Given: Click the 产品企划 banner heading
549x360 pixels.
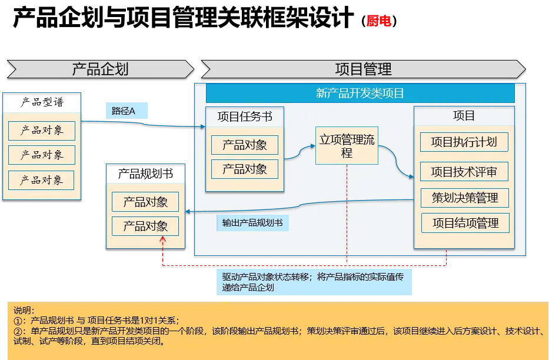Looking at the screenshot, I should point(100,69).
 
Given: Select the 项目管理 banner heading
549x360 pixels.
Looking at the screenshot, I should point(363,69).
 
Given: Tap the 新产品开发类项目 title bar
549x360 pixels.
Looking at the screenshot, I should point(360,94).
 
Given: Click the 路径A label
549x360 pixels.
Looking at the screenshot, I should point(124,111).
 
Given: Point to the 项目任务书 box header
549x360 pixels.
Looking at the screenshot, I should point(245,116).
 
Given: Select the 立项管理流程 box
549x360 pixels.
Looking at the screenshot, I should point(347,146).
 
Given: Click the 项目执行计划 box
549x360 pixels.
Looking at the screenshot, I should point(464,142).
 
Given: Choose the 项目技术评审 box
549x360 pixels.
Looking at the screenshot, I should point(464,172).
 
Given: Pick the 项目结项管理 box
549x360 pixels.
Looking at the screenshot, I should point(465,223).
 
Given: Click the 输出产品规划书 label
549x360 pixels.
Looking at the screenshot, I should point(252,223).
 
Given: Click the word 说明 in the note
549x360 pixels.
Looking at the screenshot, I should point(24,311).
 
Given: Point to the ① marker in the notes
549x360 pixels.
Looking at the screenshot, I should point(17,321).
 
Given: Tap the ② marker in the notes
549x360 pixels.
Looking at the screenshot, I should point(17,331).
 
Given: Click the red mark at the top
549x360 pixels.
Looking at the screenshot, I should point(379,22).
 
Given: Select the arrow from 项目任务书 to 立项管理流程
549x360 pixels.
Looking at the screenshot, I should point(300,152).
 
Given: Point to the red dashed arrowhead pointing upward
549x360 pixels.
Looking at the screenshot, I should point(163,240).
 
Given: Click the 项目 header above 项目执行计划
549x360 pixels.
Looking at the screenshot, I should point(464,116).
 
